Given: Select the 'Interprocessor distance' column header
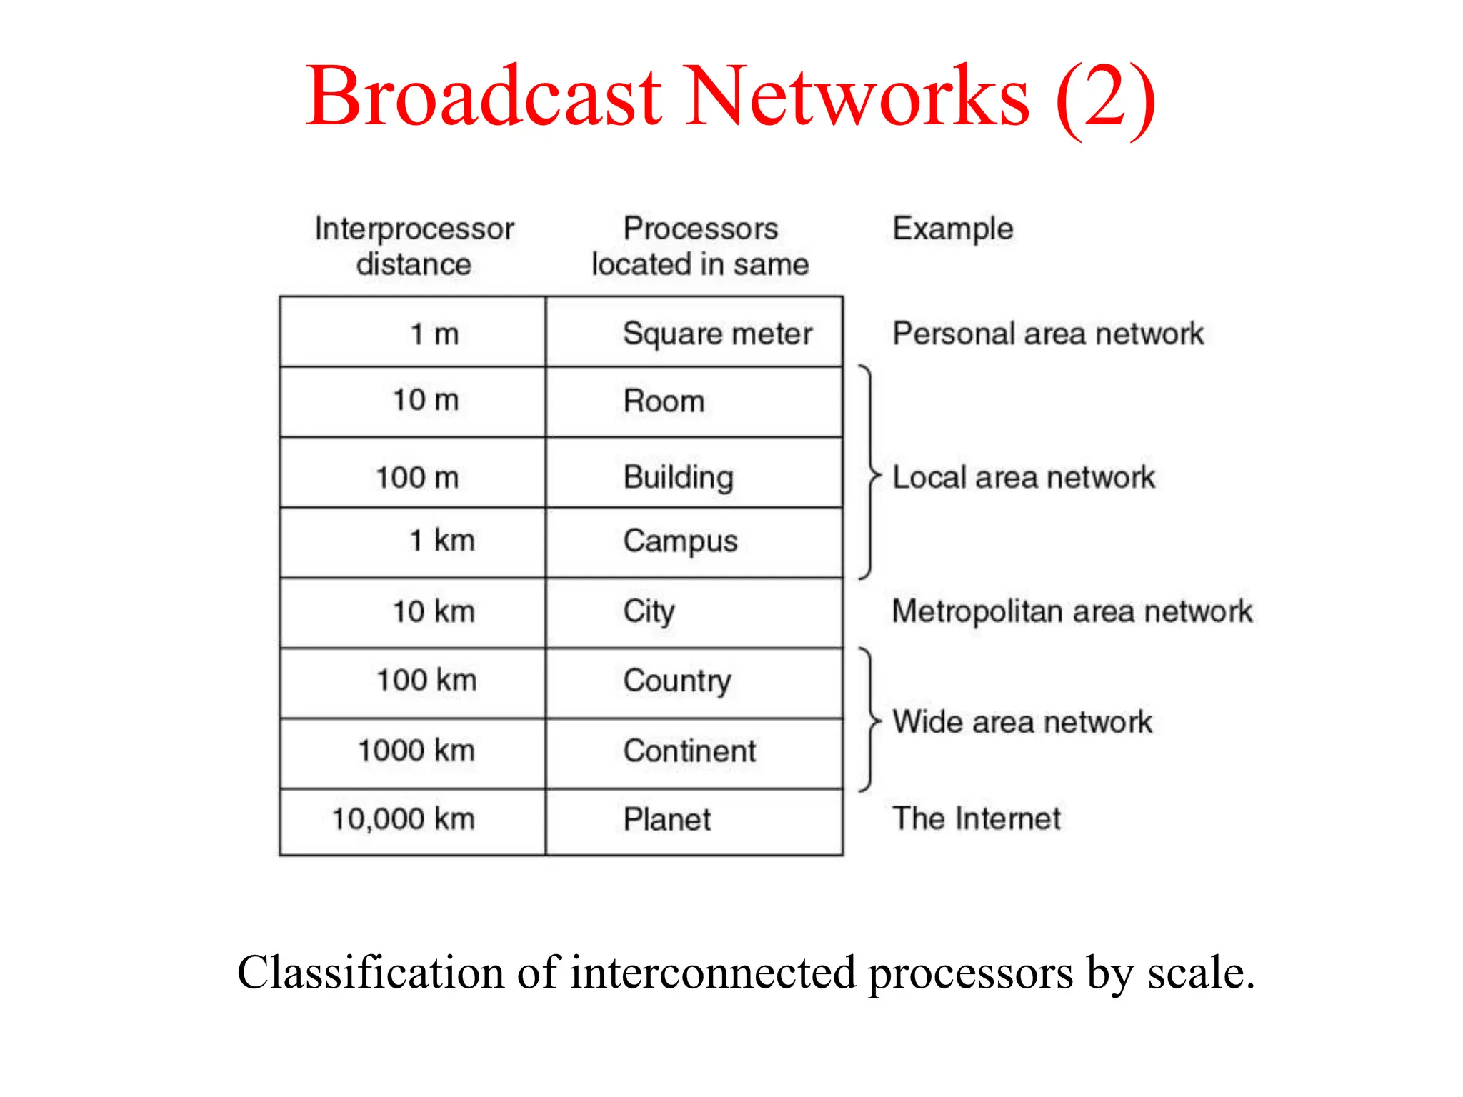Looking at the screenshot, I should [414, 246].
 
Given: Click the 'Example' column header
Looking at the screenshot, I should [952, 229].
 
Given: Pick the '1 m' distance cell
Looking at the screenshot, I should [434, 334].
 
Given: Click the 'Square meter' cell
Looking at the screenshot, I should [717, 334].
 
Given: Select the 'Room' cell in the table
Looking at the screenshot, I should [664, 401].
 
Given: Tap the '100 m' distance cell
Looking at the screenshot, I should [417, 477].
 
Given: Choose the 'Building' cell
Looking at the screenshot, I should [678, 477].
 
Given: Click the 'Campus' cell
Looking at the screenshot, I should [680, 541].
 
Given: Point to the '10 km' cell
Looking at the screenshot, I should [434, 611].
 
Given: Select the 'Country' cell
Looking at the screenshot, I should [677, 681].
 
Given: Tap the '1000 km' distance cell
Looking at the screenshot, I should [416, 751].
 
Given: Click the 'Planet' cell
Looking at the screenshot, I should [666, 819].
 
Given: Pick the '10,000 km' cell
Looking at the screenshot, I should [404, 819].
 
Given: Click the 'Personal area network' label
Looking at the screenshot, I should [1048, 334].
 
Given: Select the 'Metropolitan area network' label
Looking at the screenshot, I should [1072, 611].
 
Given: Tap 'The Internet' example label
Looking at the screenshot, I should [977, 818].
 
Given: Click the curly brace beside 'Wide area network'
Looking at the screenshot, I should [869, 720].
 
